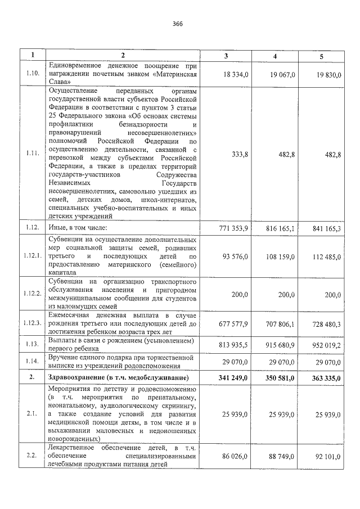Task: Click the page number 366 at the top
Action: (178, 24)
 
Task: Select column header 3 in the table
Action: (227, 55)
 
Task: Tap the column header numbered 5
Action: (322, 55)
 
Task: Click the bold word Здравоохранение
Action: (78, 377)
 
